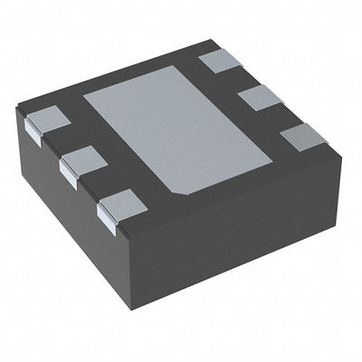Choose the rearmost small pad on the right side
tap(223, 61)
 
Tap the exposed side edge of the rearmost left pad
tap(33, 131)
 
